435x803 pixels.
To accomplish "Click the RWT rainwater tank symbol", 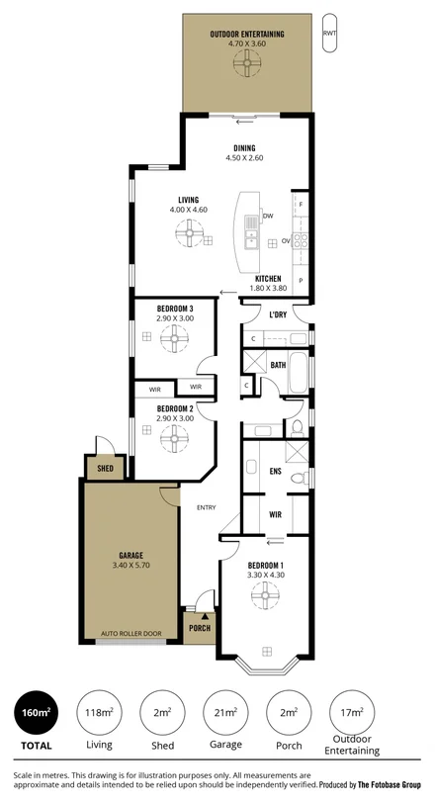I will [328, 34].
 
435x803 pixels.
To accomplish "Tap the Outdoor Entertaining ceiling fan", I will [244, 62].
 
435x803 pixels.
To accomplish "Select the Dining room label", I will [246, 147].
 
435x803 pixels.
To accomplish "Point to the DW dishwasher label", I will [268, 217].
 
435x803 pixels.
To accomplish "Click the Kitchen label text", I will [269, 278].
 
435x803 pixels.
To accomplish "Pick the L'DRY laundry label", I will [278, 315].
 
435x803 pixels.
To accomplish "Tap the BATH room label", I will [279, 365].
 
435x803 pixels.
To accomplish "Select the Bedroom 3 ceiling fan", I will [174, 341].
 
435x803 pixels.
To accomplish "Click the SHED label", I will [105, 468].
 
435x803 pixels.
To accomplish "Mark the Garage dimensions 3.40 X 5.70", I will [130, 566].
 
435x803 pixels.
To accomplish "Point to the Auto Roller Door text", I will [131, 633].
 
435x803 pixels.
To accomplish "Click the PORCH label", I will [199, 627].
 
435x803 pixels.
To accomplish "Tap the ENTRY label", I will [206, 508].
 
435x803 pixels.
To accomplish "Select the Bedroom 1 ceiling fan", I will [266, 594].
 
